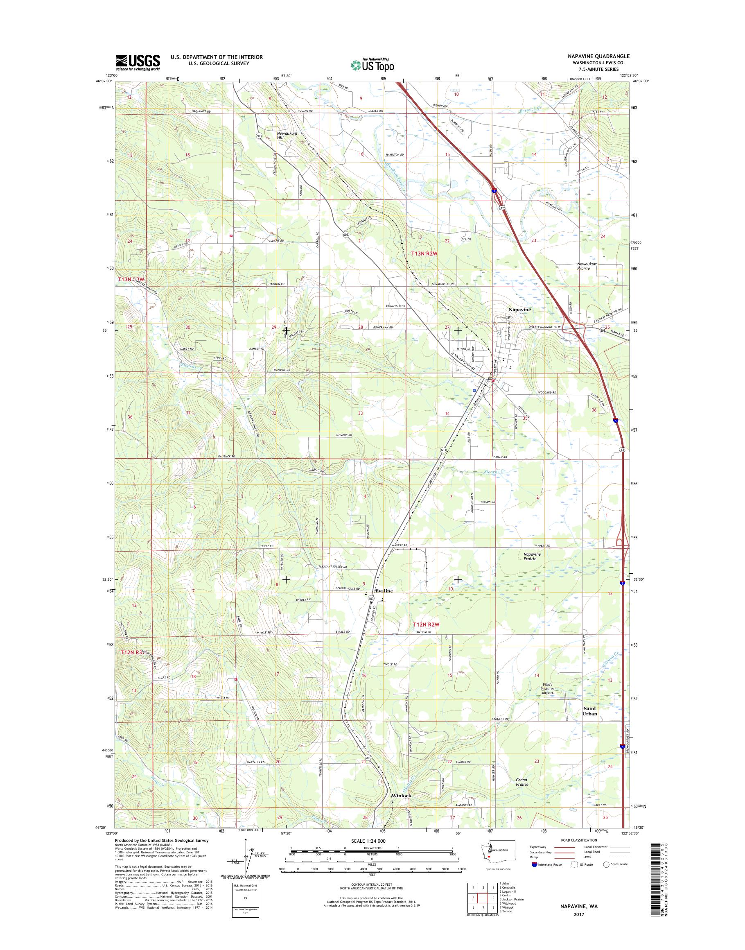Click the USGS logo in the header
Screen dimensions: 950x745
[138, 63]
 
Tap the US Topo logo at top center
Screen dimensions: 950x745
[372, 65]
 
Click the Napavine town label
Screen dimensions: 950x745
[519, 310]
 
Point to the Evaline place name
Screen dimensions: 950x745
[384, 591]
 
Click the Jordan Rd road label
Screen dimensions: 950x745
[499, 457]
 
